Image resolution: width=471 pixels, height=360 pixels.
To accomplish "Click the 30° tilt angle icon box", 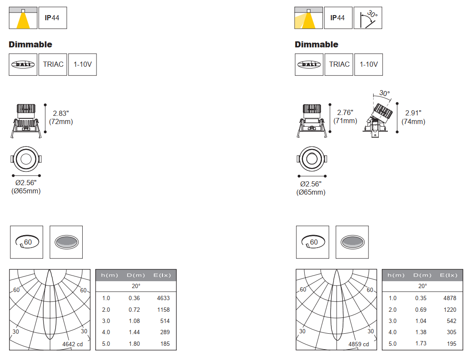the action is (x=368, y=18).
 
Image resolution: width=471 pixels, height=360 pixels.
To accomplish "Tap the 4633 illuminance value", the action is (x=163, y=298).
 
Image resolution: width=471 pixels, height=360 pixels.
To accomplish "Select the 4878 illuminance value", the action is (x=450, y=298).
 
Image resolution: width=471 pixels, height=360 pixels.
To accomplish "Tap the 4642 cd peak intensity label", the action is (x=72, y=344).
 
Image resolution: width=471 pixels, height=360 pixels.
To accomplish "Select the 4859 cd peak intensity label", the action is (x=359, y=344).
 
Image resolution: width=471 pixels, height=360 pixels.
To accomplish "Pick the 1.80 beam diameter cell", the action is (x=134, y=344).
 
